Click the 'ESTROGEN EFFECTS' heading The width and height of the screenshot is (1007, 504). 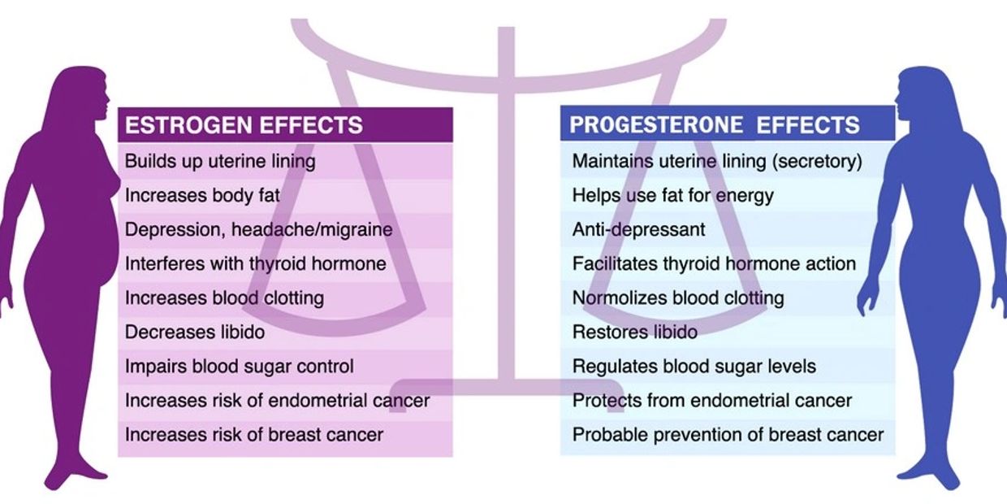[244, 126]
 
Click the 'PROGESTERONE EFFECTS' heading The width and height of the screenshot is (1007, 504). [715, 125]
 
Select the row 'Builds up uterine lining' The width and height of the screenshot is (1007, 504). [220, 161]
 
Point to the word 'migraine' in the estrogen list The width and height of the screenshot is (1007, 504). [353, 229]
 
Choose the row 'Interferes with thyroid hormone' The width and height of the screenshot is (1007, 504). [255, 264]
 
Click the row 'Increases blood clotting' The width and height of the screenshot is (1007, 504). [224, 298]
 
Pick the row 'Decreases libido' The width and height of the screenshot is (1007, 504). [195, 332]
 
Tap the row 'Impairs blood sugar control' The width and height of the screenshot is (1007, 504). [239, 367]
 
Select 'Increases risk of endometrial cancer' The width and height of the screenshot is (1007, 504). [277, 401]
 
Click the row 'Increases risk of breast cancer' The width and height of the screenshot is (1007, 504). [253, 435]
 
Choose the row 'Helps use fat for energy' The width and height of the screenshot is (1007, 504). [672, 195]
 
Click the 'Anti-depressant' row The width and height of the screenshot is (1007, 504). [638, 229]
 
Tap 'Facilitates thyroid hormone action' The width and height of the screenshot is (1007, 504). [714, 264]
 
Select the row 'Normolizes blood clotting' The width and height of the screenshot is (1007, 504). [678, 298]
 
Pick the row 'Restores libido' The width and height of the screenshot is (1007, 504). [634, 332]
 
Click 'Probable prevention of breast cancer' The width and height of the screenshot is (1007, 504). [728, 435]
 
